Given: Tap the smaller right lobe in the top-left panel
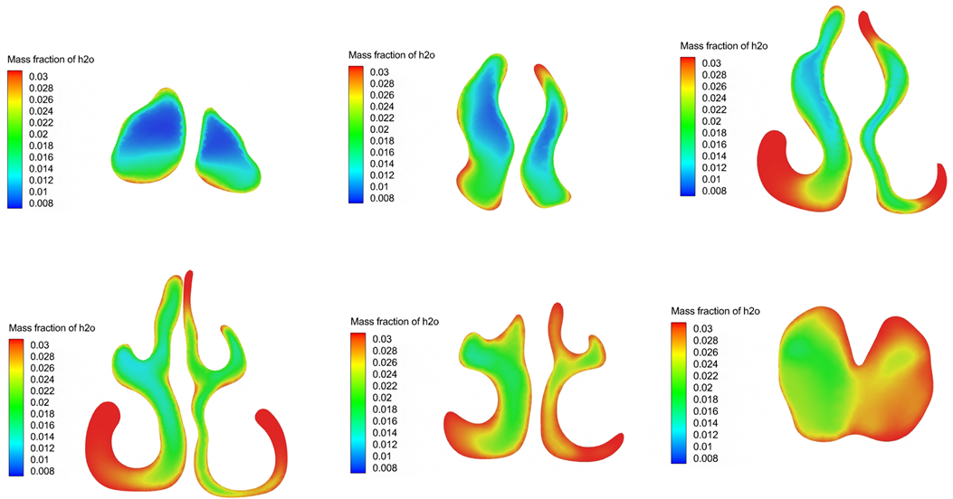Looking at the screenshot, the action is (226, 151).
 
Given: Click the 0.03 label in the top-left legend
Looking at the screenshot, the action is (38, 77).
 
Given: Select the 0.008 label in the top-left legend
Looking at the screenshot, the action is (42, 203).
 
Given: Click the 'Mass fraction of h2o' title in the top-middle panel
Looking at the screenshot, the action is (391, 55).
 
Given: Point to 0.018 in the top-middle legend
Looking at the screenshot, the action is (382, 141).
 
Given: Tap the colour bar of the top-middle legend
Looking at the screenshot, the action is (357, 135).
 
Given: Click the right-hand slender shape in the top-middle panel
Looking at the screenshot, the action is (547, 137).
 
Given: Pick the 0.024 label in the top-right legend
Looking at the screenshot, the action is (714, 98).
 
